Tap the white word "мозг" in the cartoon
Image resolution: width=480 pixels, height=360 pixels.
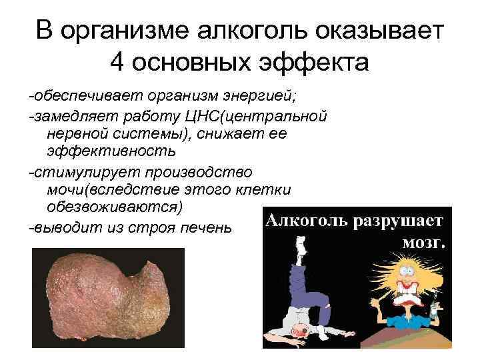tap(422, 241)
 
